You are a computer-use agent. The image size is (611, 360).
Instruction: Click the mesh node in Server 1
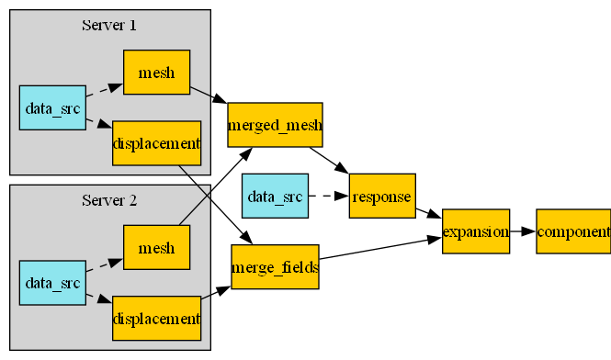[x=156, y=73]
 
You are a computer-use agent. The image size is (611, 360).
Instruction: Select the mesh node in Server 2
[x=156, y=247]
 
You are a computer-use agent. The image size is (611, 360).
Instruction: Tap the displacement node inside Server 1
[x=156, y=143]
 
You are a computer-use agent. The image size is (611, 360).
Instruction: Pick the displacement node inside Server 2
[x=156, y=318]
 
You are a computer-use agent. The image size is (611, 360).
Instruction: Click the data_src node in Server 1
[x=52, y=107]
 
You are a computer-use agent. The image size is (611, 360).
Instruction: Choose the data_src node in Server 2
[x=52, y=283]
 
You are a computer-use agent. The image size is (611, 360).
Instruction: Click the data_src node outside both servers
[x=274, y=196]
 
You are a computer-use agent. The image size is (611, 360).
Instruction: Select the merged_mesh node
[x=275, y=125]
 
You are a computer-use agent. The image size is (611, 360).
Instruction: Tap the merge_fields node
[x=275, y=267]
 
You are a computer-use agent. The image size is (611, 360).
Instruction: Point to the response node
[x=382, y=196]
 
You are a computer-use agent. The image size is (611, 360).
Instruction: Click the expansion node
[x=475, y=231]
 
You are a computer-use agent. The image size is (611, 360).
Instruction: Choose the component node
[x=573, y=231]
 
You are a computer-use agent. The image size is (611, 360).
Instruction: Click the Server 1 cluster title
[x=109, y=25]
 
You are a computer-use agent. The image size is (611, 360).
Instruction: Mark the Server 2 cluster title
[x=109, y=199]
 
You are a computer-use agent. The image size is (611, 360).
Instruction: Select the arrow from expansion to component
[x=522, y=231]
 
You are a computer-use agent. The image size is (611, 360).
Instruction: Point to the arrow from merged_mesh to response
[x=329, y=161]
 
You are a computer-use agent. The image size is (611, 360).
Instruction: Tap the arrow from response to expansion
[x=428, y=214]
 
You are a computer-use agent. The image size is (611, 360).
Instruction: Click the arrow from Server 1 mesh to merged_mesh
[x=209, y=95]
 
